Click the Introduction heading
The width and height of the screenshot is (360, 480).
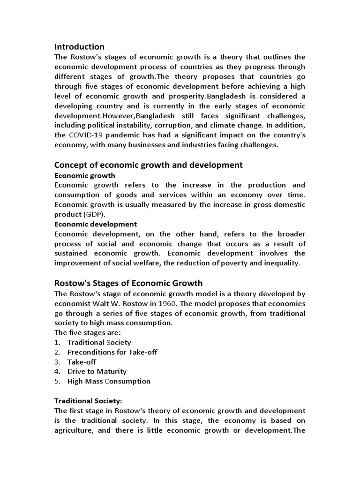pyautogui.click(x=79, y=47)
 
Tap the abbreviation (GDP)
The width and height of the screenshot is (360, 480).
pyautogui.click(x=96, y=215)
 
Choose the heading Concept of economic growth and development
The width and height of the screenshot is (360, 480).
pyautogui.click(x=149, y=165)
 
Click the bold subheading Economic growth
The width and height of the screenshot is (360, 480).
pyautogui.click(x=84, y=175)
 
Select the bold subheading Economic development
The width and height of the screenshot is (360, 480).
pyautogui.click(x=96, y=224)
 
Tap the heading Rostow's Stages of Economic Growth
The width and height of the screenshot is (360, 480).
pyautogui.click(x=128, y=283)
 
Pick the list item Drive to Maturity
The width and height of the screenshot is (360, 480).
pyautogui.click(x=97, y=371)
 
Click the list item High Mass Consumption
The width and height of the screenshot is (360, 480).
pyautogui.click(x=109, y=381)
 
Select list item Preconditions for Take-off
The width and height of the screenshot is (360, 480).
pyautogui.click(x=112, y=352)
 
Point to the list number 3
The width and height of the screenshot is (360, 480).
pyautogui.click(x=57, y=362)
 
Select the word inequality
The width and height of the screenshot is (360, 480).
pyautogui.click(x=280, y=263)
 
